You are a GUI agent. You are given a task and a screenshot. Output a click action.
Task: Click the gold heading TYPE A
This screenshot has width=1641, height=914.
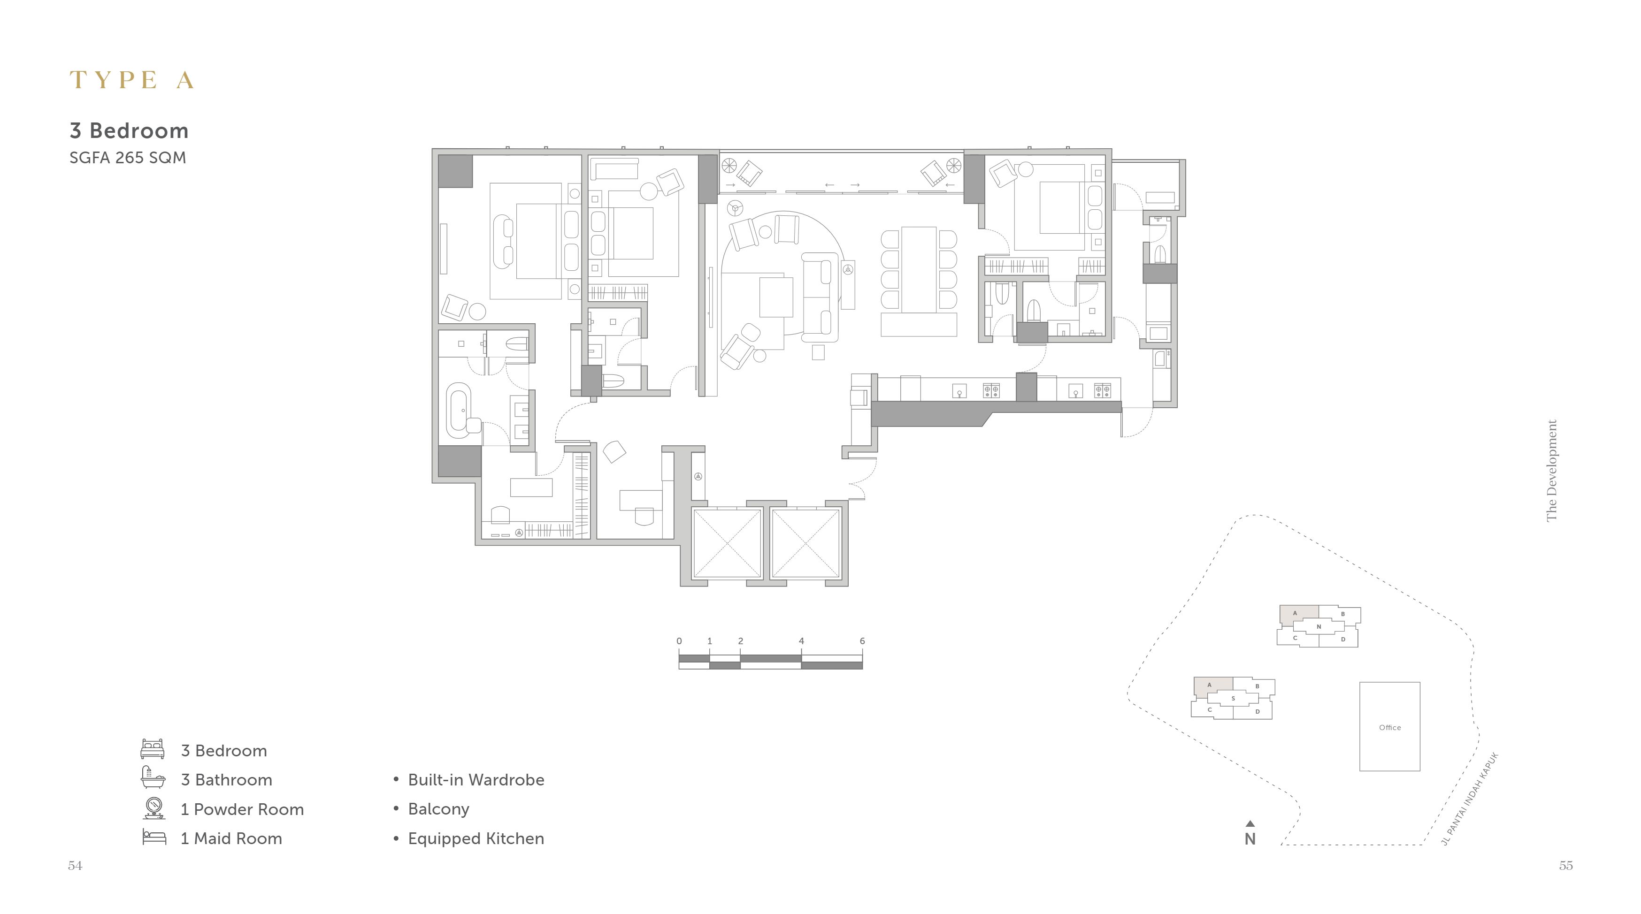tap(131, 80)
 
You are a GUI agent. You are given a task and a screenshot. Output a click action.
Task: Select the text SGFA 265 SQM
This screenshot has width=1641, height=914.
tap(127, 158)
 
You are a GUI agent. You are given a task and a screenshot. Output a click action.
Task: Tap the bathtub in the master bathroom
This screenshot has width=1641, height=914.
tap(459, 410)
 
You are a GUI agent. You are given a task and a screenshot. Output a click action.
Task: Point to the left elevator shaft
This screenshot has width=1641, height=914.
tap(727, 543)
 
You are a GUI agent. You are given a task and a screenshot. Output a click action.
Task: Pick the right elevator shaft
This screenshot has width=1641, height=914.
tap(805, 543)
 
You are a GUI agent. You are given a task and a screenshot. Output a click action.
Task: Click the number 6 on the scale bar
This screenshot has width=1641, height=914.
tap(862, 641)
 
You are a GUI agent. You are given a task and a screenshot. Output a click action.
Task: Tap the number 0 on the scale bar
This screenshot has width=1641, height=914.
tap(679, 641)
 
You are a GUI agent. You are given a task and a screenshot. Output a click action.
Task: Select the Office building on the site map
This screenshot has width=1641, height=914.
tap(1389, 727)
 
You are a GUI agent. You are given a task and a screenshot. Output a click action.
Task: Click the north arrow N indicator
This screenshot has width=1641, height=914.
tap(1250, 834)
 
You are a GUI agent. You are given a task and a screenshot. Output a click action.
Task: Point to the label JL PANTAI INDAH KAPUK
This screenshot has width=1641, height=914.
tap(1469, 799)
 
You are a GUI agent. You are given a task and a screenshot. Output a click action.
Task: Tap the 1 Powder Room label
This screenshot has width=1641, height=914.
tap(242, 809)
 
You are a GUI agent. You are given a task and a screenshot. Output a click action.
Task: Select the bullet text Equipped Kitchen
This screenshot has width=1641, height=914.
tap(476, 839)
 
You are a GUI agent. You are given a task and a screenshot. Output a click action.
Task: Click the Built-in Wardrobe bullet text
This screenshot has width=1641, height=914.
tap(476, 780)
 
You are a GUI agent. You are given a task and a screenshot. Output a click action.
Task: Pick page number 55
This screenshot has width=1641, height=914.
tap(1566, 866)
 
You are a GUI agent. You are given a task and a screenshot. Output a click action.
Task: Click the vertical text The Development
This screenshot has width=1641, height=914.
tap(1552, 470)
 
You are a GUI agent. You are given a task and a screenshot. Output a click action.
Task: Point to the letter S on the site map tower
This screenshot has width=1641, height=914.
tap(1233, 699)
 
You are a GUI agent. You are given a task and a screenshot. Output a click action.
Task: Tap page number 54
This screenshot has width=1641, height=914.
tap(75, 866)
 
